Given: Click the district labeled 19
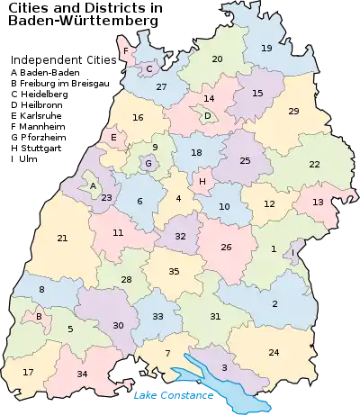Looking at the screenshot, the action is (x=266, y=48).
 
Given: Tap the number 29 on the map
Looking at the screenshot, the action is (x=293, y=111).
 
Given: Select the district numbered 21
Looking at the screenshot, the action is (x=62, y=238).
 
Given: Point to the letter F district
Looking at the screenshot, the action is (x=125, y=51).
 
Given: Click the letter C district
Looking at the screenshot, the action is (x=149, y=68).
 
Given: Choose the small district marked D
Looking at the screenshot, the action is (x=207, y=115).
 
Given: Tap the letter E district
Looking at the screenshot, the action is (x=113, y=138).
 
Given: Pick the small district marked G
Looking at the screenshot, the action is (x=148, y=164).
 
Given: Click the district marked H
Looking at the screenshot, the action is (x=202, y=181).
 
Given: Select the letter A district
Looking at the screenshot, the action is (x=92, y=186).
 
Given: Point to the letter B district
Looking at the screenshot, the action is (x=38, y=316).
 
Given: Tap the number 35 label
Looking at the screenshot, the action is (x=175, y=271).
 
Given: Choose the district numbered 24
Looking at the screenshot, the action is (x=274, y=352).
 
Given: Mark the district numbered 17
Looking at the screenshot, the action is (x=28, y=372).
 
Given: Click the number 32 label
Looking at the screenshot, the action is (x=180, y=236).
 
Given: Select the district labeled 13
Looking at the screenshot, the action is (x=318, y=202).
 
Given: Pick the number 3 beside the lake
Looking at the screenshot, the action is (x=224, y=368).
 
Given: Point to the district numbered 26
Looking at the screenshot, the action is (x=226, y=247).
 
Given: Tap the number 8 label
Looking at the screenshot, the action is (x=41, y=289).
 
